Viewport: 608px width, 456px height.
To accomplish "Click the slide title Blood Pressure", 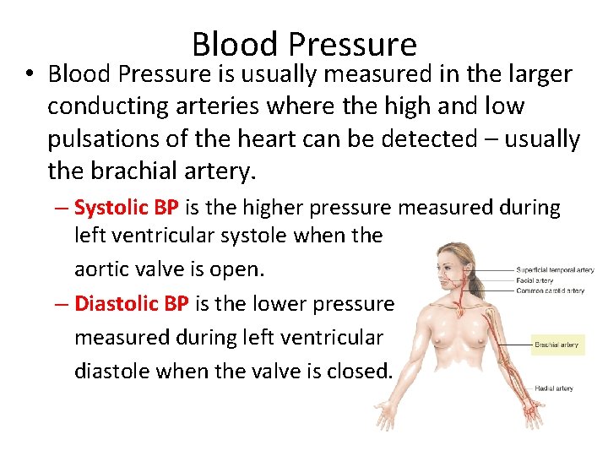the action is click(x=304, y=45).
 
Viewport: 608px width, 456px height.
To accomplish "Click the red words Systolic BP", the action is click(x=124, y=207).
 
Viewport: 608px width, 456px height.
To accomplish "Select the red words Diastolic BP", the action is click(x=131, y=303).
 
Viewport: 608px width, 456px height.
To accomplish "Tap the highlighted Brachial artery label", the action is click(x=556, y=345).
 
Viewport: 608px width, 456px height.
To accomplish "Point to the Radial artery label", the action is click(x=553, y=388).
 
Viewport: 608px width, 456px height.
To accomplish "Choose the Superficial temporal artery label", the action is click(x=555, y=270).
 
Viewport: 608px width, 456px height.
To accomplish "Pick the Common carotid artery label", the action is click(x=550, y=290).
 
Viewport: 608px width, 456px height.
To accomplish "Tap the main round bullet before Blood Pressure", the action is click(x=30, y=75).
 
